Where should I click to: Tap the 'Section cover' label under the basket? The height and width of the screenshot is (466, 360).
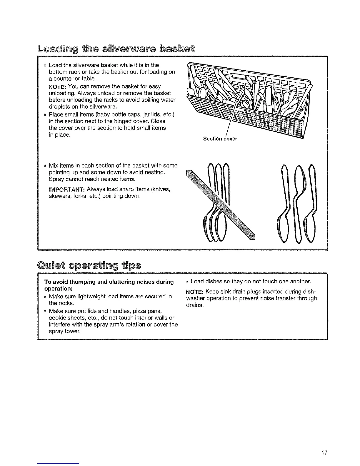point(220,139)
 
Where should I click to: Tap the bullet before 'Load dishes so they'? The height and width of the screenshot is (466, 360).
point(187,282)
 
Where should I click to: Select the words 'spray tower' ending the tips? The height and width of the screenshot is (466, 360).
point(64,331)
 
